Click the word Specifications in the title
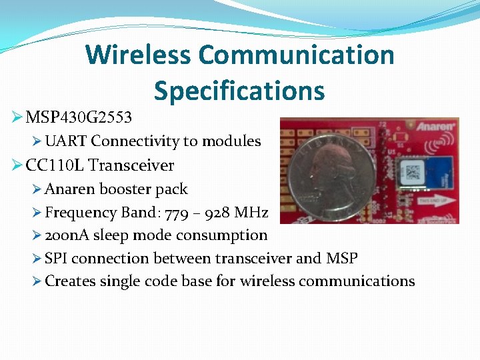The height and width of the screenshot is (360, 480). (239, 91)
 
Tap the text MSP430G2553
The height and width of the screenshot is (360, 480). (79, 118)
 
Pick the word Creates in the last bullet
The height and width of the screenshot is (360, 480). (71, 281)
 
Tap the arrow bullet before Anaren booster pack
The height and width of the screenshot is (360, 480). (37, 189)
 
